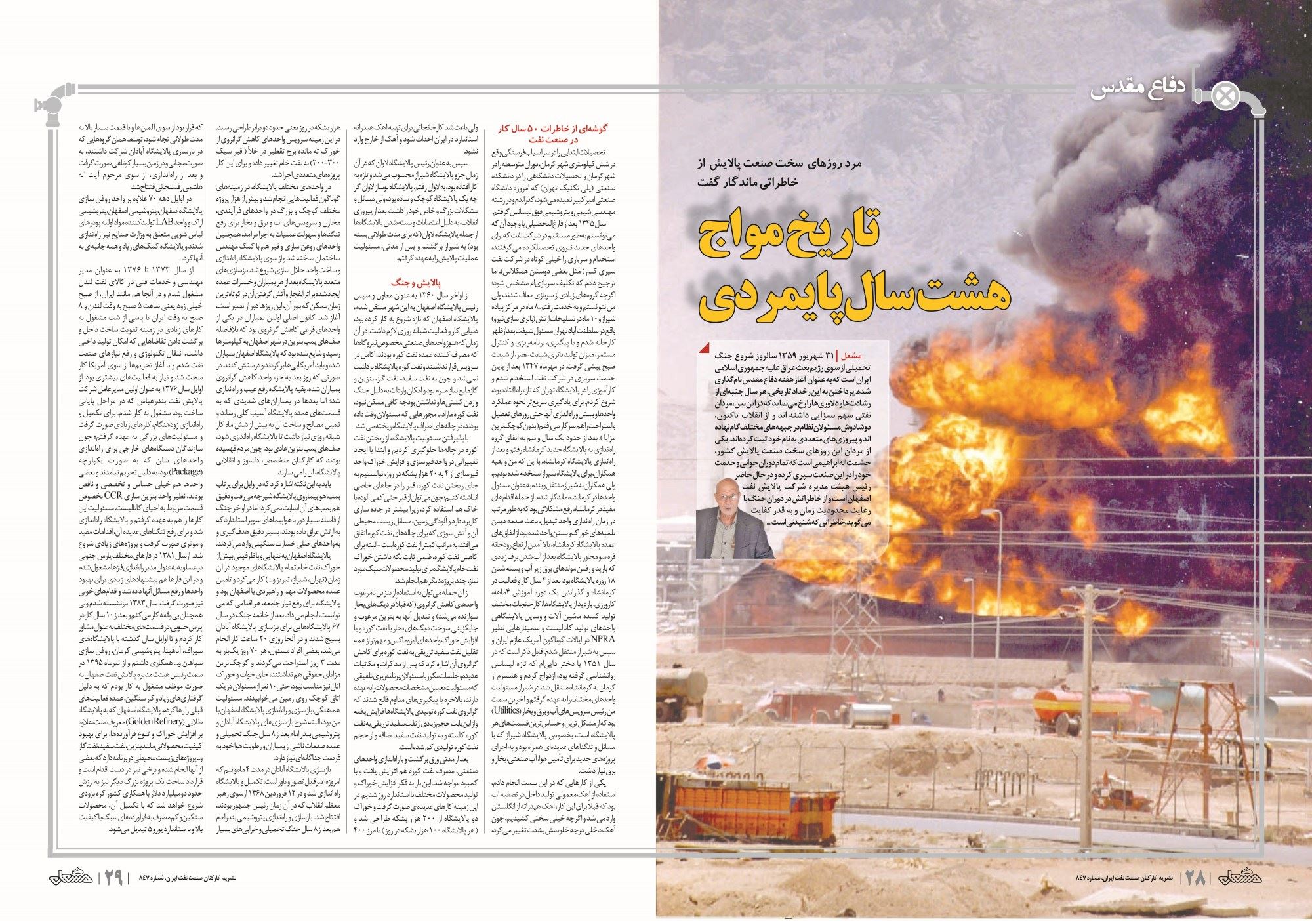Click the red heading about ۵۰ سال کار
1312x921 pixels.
(x=552, y=133)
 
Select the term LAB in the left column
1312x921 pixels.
(x=165, y=222)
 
